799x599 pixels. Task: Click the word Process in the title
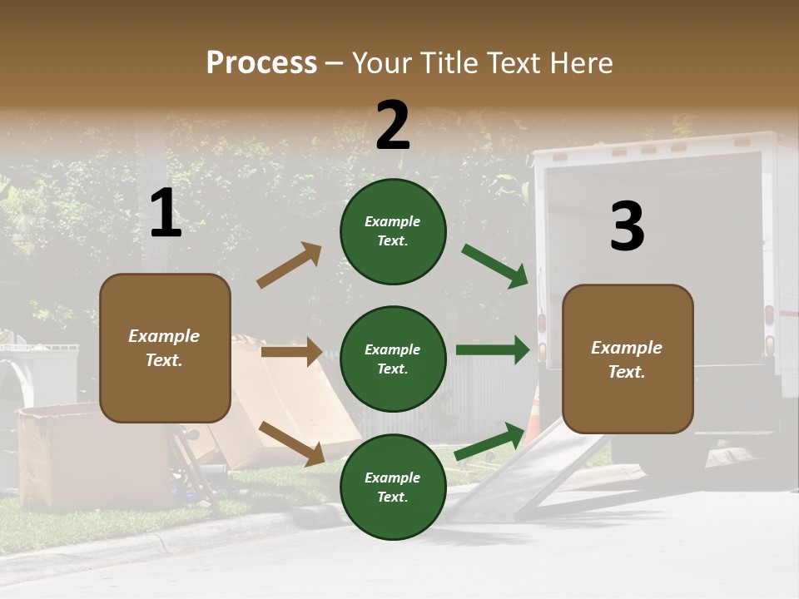point(261,63)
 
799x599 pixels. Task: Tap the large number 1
point(166,214)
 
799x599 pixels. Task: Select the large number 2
point(393,126)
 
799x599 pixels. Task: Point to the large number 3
point(627,227)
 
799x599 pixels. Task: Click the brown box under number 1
point(165,348)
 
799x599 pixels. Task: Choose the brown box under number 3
point(628,359)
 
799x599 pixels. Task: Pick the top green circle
point(393,231)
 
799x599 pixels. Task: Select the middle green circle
point(393,359)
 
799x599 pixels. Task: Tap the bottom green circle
point(393,487)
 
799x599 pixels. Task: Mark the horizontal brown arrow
point(291,352)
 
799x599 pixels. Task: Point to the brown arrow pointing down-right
point(291,443)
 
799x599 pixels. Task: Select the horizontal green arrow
point(492,350)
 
